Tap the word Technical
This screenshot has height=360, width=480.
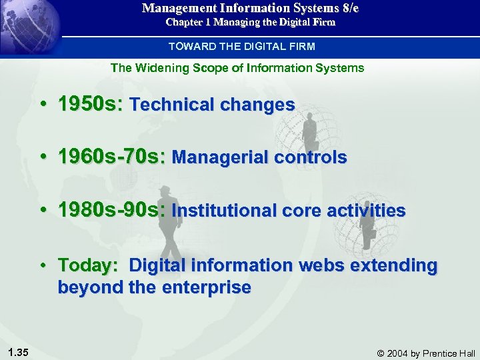tap(168, 105)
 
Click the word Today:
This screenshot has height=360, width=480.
tap(88, 265)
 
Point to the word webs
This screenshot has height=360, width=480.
tap(322, 265)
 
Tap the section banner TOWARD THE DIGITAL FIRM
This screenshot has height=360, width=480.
tap(241, 47)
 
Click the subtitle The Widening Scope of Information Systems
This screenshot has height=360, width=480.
tap(237, 67)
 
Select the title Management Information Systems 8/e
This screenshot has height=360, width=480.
tap(250, 9)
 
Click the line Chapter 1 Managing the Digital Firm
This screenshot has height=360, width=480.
tap(250, 22)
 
